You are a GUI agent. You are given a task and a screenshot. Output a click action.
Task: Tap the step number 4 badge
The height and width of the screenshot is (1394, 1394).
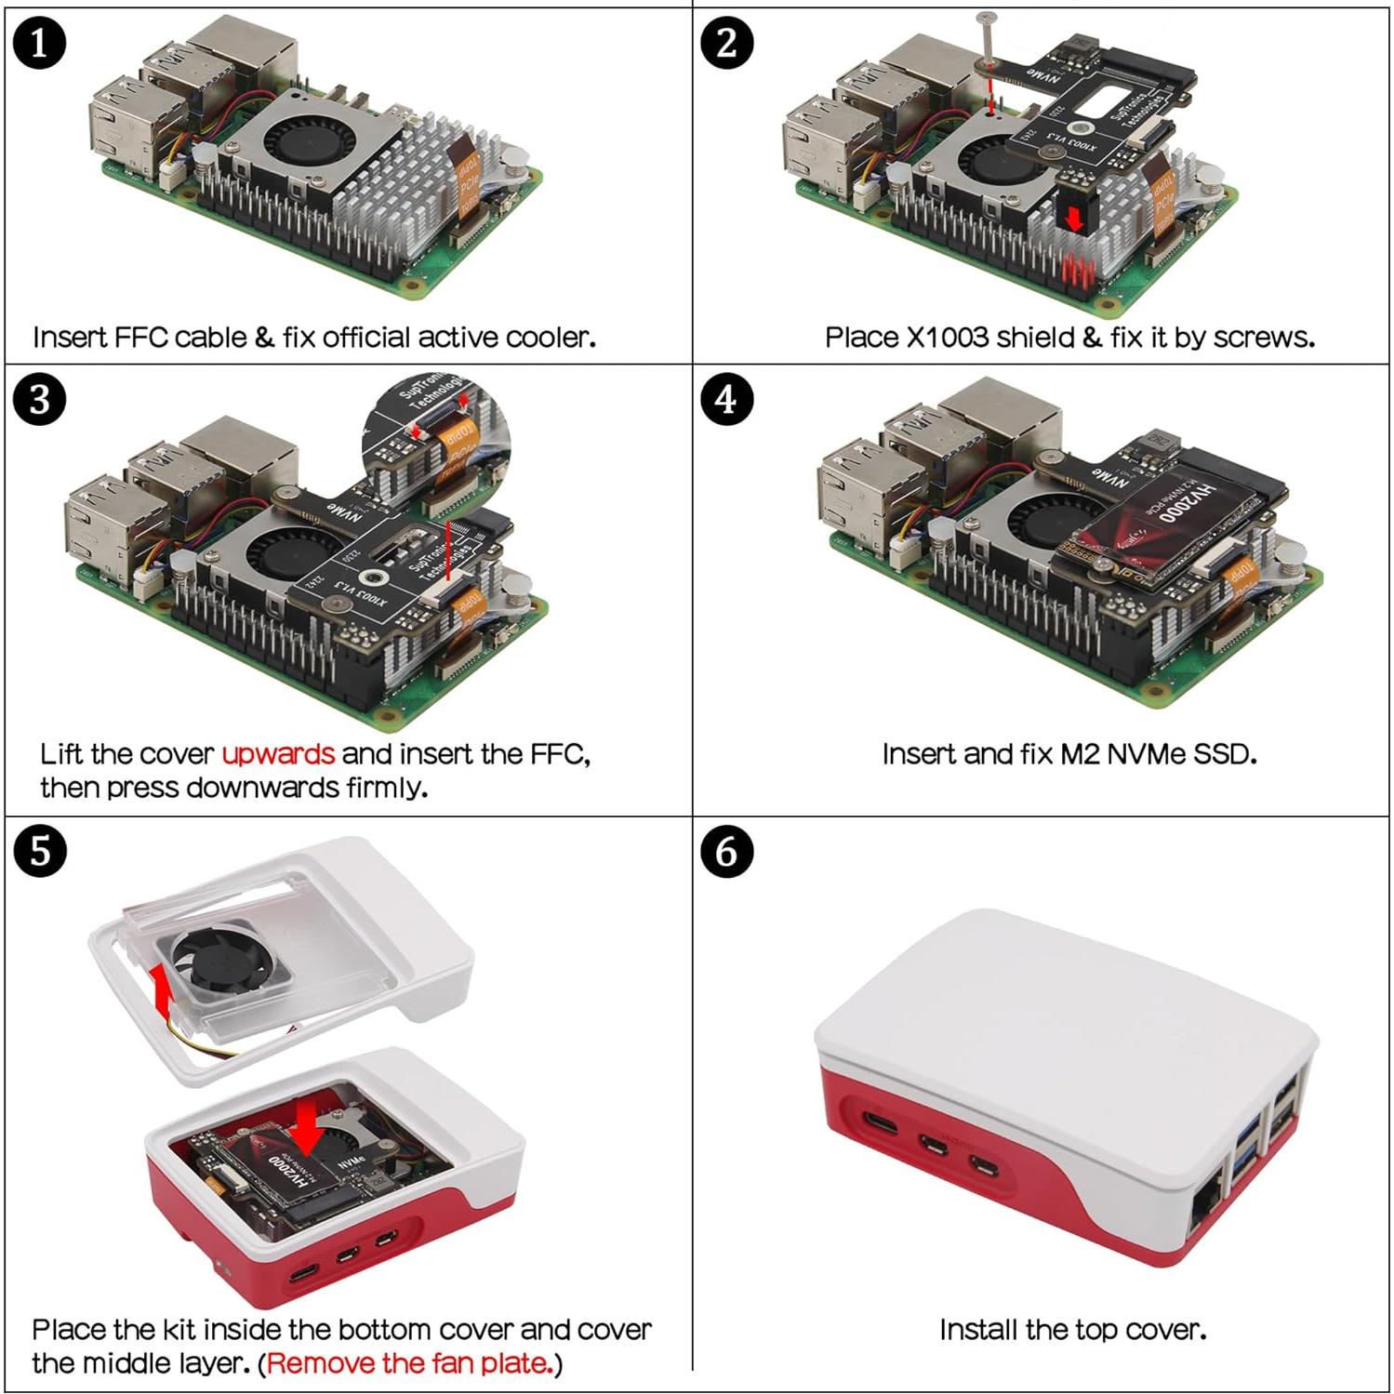pyautogui.click(x=726, y=399)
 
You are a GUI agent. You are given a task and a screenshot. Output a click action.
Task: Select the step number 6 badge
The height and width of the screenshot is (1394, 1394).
pyautogui.click(x=726, y=851)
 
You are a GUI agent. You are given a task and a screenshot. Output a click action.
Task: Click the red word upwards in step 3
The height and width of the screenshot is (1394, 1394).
pyautogui.click(x=277, y=753)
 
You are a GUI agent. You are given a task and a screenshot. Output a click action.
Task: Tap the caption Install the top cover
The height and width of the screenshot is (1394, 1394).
pyautogui.click(x=1072, y=1330)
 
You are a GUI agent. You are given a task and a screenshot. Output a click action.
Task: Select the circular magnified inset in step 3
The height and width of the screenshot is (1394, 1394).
pyautogui.click(x=436, y=437)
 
